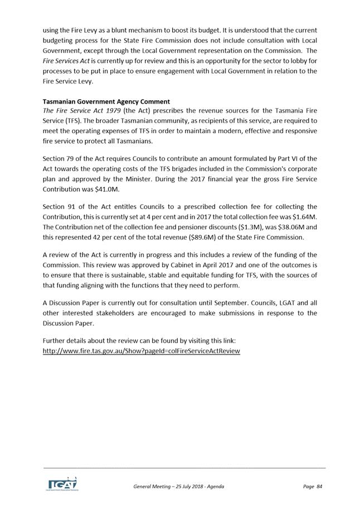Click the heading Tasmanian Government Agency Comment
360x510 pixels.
point(106,101)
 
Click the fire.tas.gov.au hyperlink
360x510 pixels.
point(142,351)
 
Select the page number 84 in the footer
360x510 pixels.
point(319,487)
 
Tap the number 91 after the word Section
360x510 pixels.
point(73,207)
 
